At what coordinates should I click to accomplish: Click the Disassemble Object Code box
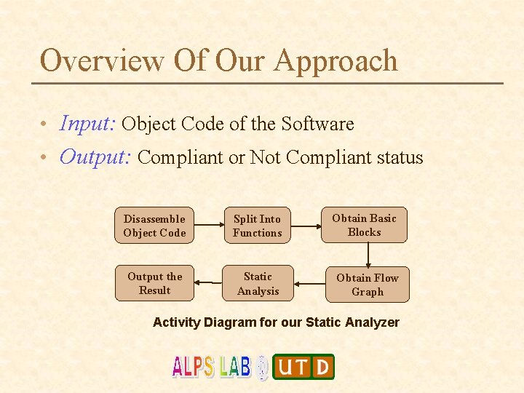point(154,226)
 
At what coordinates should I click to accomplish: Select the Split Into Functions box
point(257,226)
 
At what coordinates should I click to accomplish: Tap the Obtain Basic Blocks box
point(364,225)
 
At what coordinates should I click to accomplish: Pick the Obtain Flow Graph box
point(368,285)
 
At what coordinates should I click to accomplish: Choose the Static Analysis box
point(258,284)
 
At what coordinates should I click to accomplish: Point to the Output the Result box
point(154,283)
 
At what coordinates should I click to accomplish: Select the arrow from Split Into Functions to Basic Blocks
point(306,226)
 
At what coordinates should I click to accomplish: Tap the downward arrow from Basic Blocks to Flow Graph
point(368,255)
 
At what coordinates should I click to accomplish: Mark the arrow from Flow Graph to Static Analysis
point(309,284)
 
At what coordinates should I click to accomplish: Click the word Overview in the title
point(102,60)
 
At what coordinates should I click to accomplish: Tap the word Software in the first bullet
point(317,124)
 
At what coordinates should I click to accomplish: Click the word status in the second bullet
point(394,158)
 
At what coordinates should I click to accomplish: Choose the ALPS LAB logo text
point(211,366)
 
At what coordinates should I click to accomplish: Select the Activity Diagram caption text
point(276,322)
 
